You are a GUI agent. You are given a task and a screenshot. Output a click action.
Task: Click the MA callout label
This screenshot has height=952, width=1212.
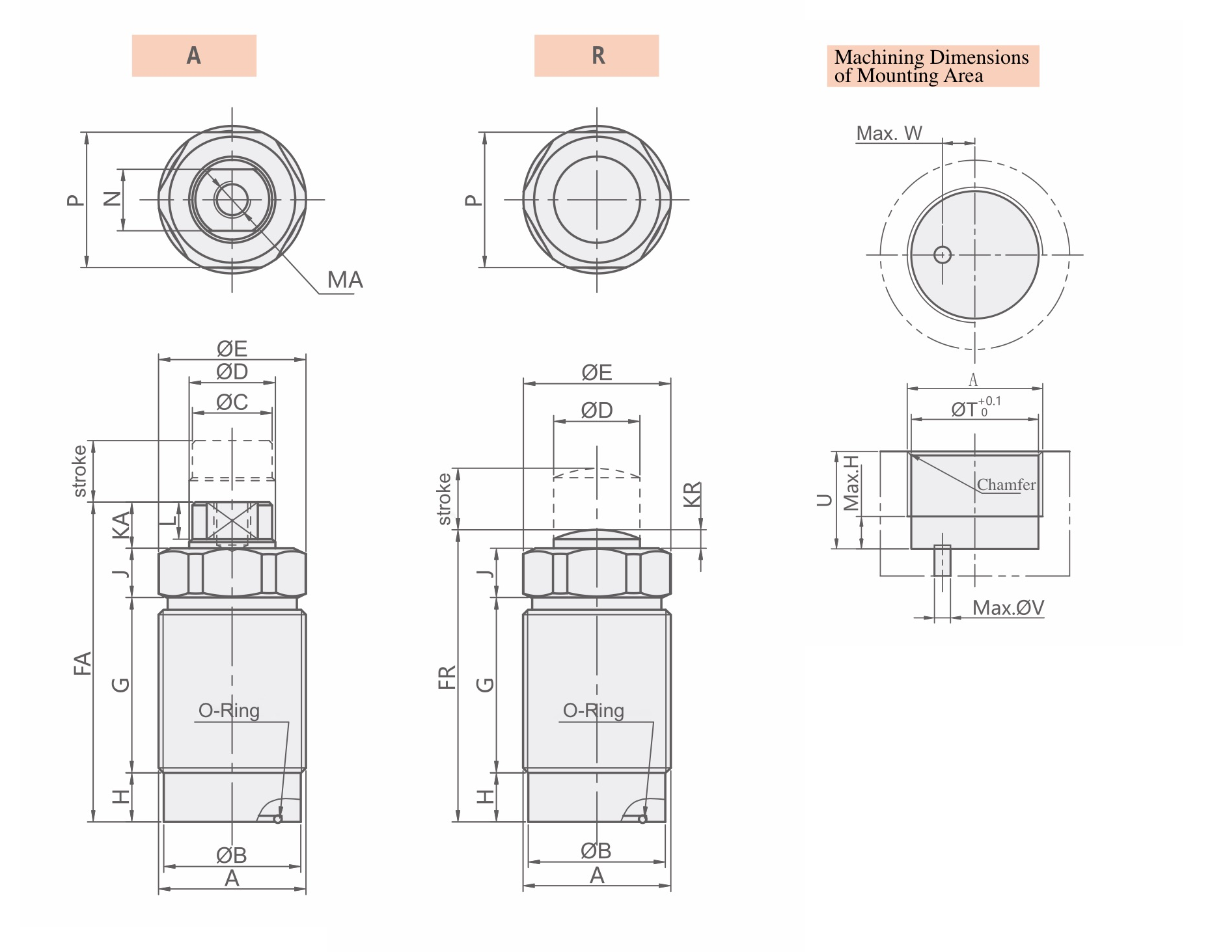click(x=344, y=280)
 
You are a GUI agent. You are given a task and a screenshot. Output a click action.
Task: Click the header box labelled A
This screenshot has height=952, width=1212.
click(x=194, y=56)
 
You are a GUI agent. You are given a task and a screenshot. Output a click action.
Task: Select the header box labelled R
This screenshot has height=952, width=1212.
click(x=596, y=56)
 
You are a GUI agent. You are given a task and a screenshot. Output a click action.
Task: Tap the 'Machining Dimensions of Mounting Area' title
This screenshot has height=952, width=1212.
click(x=931, y=66)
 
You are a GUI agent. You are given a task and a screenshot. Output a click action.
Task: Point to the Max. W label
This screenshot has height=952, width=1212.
click(x=888, y=133)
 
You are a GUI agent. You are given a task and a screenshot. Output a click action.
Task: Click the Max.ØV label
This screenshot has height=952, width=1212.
click(x=1008, y=608)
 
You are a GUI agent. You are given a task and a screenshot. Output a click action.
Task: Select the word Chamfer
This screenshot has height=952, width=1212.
click(x=1006, y=485)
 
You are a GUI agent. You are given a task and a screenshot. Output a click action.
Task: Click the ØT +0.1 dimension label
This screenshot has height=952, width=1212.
click(x=974, y=409)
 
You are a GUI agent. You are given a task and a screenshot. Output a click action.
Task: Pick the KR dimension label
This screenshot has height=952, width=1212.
click(x=692, y=494)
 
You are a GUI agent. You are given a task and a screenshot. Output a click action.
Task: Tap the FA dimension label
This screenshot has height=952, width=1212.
click(x=83, y=663)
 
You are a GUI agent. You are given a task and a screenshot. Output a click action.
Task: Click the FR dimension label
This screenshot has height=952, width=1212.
click(x=447, y=677)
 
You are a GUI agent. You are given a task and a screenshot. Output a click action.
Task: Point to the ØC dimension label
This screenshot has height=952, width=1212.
click(x=232, y=402)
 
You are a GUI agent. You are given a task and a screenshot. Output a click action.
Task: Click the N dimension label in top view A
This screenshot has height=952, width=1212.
click(x=113, y=199)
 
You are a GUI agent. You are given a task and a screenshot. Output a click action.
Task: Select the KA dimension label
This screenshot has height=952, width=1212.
click(x=121, y=525)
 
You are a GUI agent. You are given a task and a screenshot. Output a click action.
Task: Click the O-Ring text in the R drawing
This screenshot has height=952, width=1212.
click(x=593, y=711)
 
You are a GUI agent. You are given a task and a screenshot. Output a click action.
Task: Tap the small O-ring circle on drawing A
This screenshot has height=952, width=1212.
click(x=278, y=819)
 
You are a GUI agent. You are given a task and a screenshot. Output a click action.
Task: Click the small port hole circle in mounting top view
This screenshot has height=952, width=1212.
click(x=942, y=255)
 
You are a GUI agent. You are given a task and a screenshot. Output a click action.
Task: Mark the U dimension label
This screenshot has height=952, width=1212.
click(x=824, y=500)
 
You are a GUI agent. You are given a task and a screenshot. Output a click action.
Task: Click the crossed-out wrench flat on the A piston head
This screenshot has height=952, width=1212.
click(x=232, y=521)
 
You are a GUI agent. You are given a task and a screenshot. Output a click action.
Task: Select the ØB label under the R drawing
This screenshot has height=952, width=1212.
click(x=596, y=850)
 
